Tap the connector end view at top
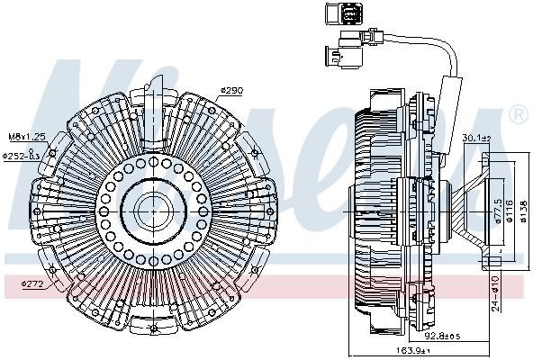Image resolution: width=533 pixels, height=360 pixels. pos(335,17)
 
